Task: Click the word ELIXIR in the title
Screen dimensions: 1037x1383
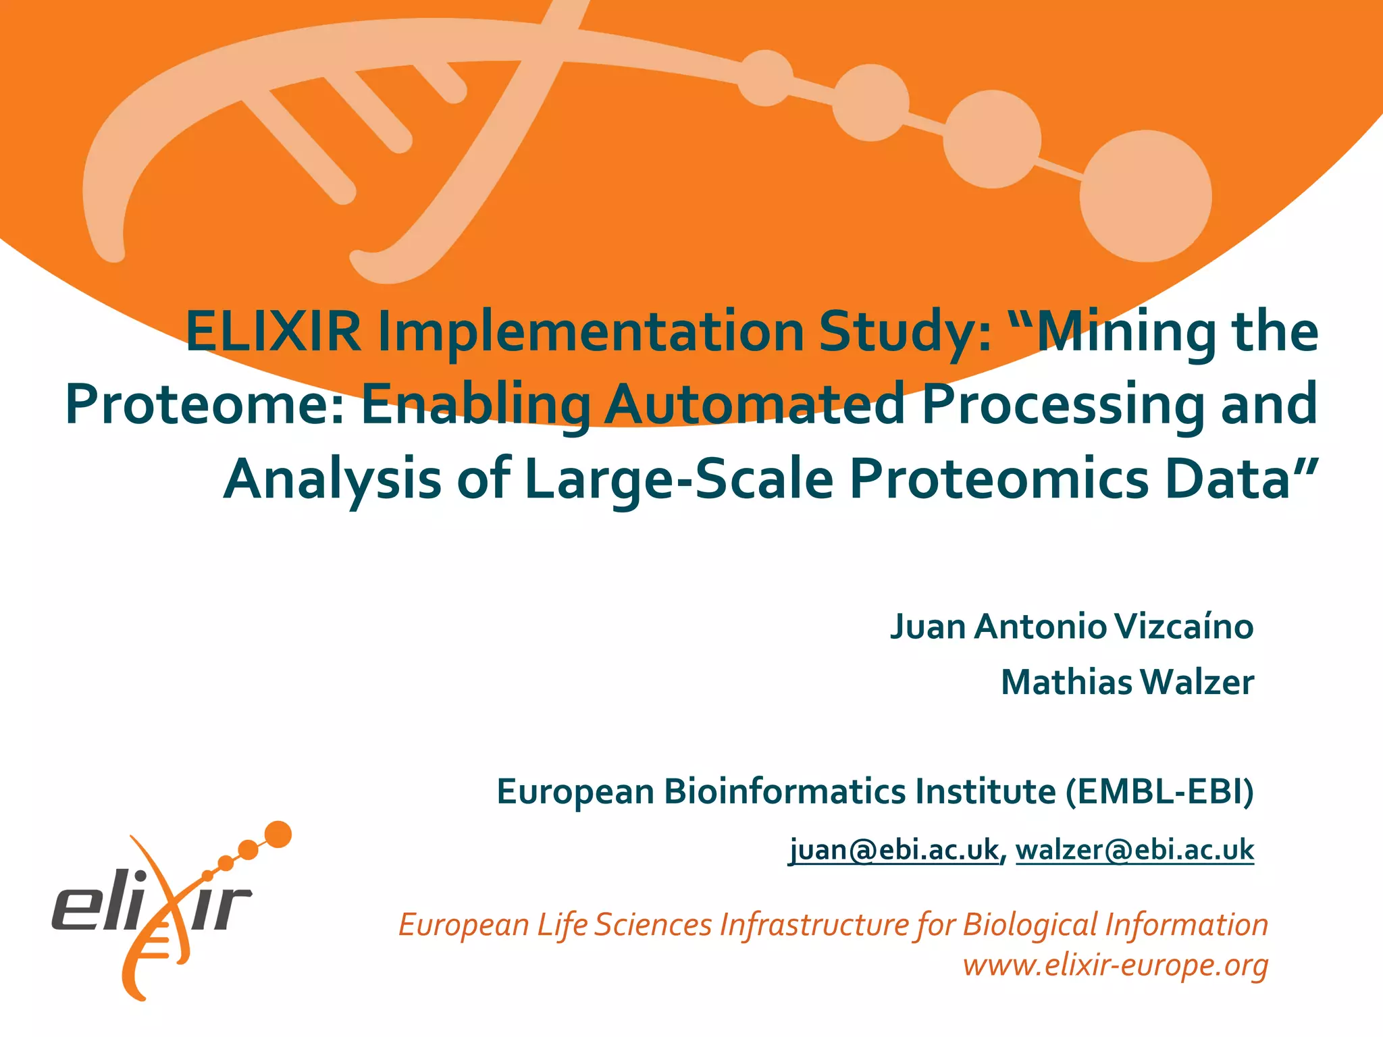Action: pyautogui.click(x=273, y=331)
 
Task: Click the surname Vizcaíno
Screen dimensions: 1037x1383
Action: pyautogui.click(x=1184, y=626)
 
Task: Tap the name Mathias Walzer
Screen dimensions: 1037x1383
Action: pyautogui.click(x=1127, y=682)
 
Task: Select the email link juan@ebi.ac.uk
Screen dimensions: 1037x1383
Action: pyautogui.click(x=894, y=849)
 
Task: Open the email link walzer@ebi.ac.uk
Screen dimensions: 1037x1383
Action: pyautogui.click(x=1134, y=849)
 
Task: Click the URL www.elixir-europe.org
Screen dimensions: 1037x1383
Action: pyautogui.click(x=1116, y=965)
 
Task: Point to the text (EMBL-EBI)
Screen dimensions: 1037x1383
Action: pyautogui.click(x=1159, y=791)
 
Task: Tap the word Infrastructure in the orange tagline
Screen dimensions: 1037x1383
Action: pyautogui.click(x=814, y=925)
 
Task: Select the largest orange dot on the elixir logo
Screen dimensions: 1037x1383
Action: pyautogui.click(x=278, y=834)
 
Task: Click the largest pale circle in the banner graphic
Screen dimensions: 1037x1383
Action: pyautogui.click(x=1145, y=196)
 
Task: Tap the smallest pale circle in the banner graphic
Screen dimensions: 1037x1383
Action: pyautogui.click(x=765, y=78)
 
